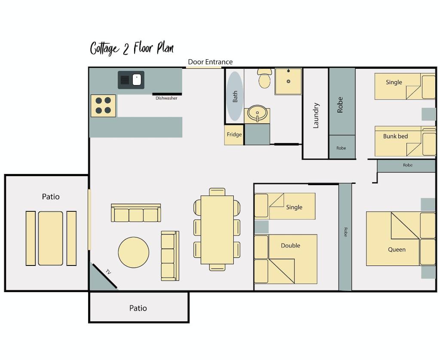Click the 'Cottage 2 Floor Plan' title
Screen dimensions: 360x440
coord(131,48)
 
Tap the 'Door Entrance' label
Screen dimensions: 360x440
coord(210,62)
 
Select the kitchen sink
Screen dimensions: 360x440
coord(131,80)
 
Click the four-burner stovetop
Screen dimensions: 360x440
coord(103,106)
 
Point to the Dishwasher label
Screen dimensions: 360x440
coord(166,98)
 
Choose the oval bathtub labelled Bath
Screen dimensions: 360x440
coord(235,96)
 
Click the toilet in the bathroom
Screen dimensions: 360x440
coord(264,78)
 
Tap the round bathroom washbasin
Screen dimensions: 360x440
coord(257,115)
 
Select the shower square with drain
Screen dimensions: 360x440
coord(288,81)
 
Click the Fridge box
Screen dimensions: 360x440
coord(234,135)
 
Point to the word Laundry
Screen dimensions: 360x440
coord(316,115)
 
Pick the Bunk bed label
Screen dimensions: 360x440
coord(395,137)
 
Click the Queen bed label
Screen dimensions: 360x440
coord(397,250)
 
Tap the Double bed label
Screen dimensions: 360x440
coord(290,246)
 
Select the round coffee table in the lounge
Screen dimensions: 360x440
coord(134,253)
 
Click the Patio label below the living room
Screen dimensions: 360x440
coord(138,308)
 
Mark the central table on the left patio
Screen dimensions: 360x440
coord(51,238)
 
